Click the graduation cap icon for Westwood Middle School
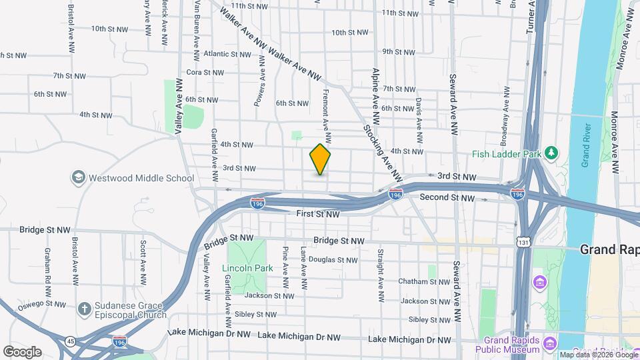click(x=79, y=177)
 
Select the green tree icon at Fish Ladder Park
click(x=551, y=153)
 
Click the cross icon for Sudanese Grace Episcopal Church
click(x=84, y=309)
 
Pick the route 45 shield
click(x=70, y=341)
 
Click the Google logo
click(x=22, y=352)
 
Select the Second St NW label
click(x=447, y=198)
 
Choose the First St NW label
click(x=318, y=215)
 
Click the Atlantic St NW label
click(x=226, y=54)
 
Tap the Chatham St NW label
click(x=424, y=282)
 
